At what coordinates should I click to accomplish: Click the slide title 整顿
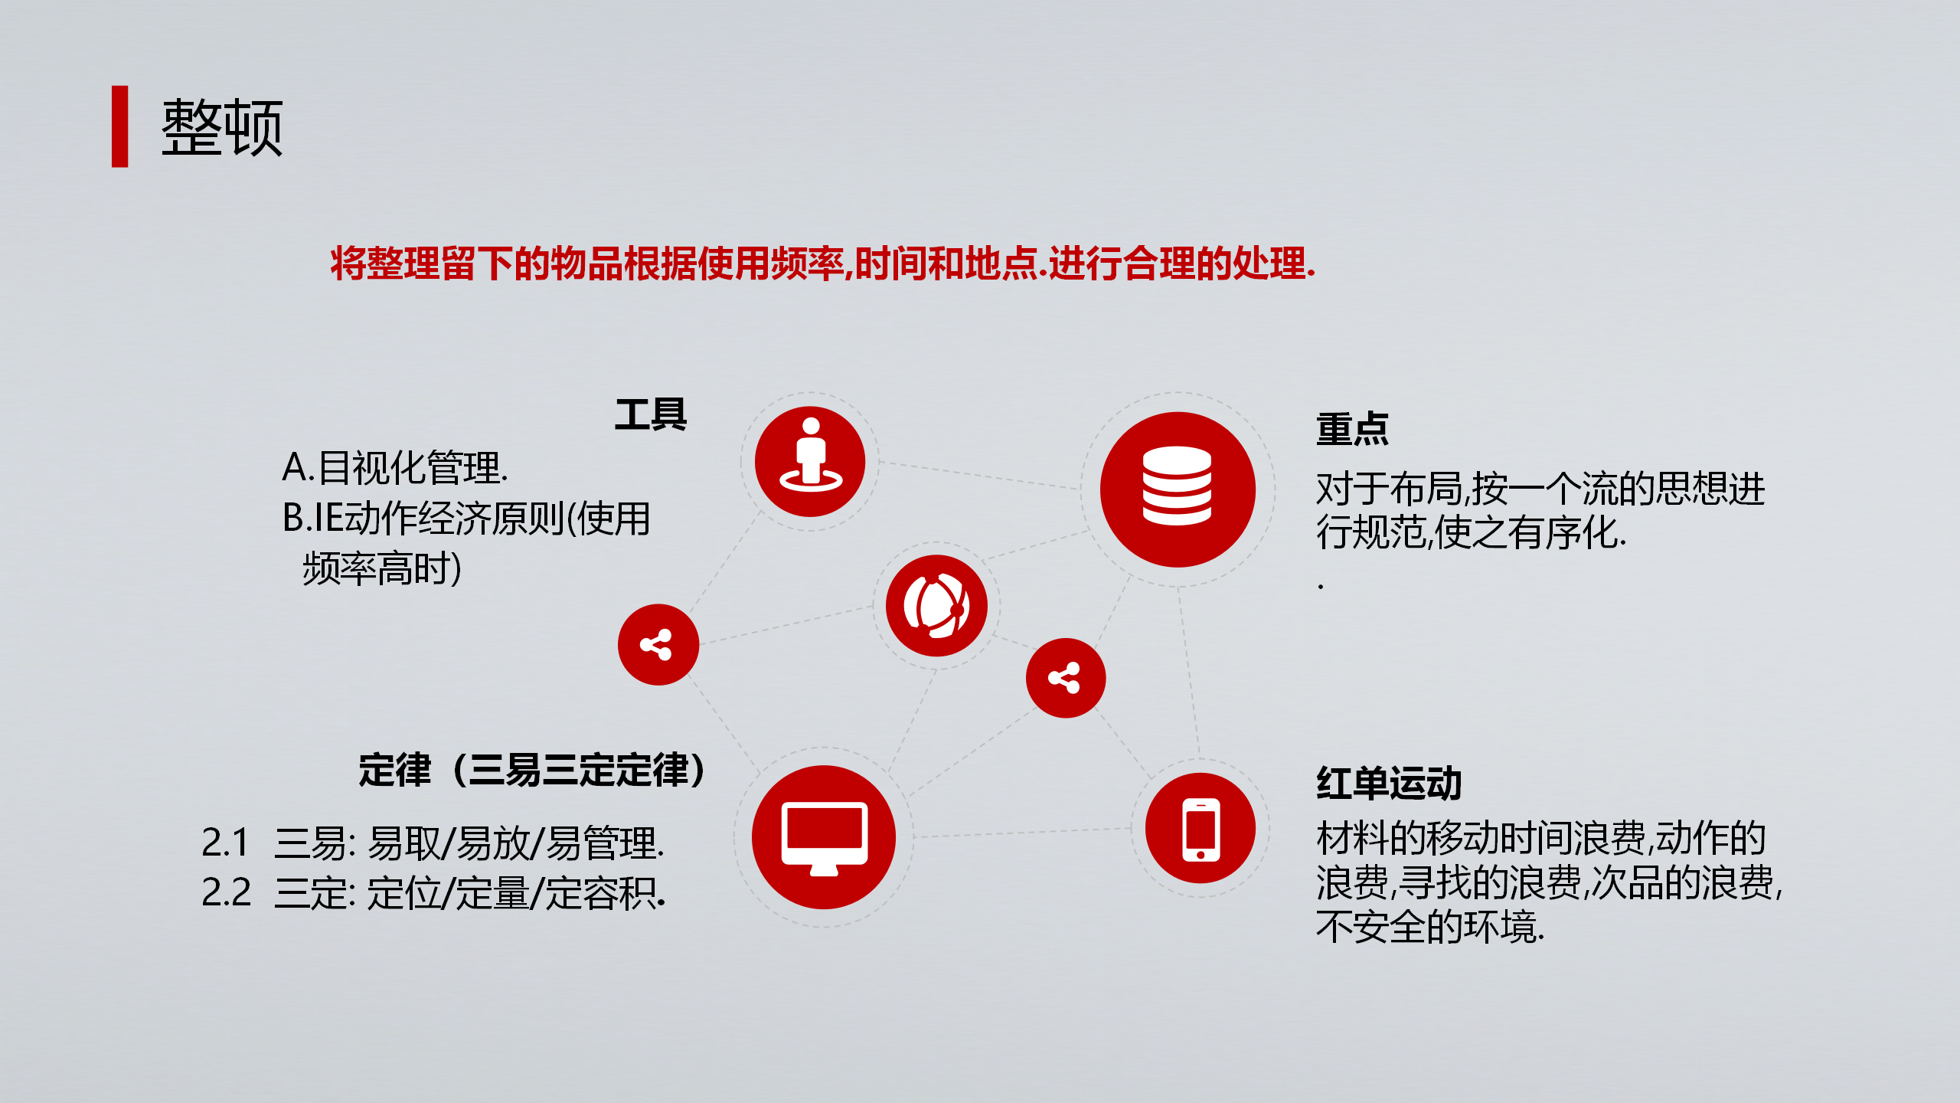click(x=222, y=127)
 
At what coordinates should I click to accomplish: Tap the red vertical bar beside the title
click(x=120, y=126)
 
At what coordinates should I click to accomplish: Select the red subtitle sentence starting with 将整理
click(x=823, y=263)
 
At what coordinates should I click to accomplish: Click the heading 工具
click(x=651, y=415)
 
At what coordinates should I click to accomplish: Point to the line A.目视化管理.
click(x=395, y=467)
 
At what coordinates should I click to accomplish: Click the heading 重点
click(x=1352, y=429)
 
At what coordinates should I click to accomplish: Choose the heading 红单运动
click(x=1389, y=784)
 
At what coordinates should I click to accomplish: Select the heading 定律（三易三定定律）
click(x=533, y=770)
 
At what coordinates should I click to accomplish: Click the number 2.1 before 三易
click(x=225, y=843)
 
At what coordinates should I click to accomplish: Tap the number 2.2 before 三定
click(x=226, y=892)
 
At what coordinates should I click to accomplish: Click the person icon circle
click(x=810, y=462)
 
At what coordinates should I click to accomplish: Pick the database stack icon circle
click(x=1178, y=489)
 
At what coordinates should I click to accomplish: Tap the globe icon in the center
click(x=936, y=606)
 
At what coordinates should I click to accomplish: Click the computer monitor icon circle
click(x=824, y=837)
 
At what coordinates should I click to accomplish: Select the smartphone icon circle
click(x=1200, y=828)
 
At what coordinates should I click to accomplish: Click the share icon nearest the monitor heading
click(x=658, y=645)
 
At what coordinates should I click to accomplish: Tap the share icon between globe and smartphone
click(x=1066, y=678)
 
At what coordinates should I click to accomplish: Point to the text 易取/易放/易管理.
click(x=515, y=843)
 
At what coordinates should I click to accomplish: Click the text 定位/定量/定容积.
click(x=516, y=893)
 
